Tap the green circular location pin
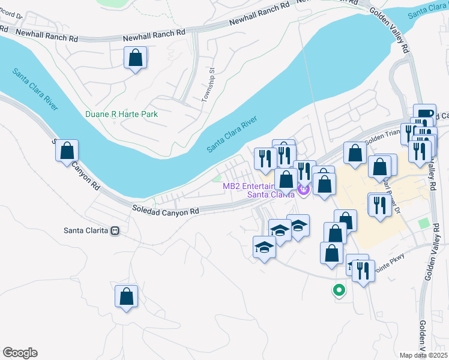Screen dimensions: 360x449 click(339, 290)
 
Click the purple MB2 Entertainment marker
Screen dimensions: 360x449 click(303, 191)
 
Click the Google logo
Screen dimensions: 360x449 click(20, 353)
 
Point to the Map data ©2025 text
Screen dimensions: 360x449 click(423, 355)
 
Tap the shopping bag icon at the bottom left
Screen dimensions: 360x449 click(126, 296)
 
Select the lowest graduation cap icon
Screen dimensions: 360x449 click(264, 248)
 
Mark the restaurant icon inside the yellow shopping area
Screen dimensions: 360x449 click(379, 206)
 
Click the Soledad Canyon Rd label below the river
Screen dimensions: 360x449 click(166, 211)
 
